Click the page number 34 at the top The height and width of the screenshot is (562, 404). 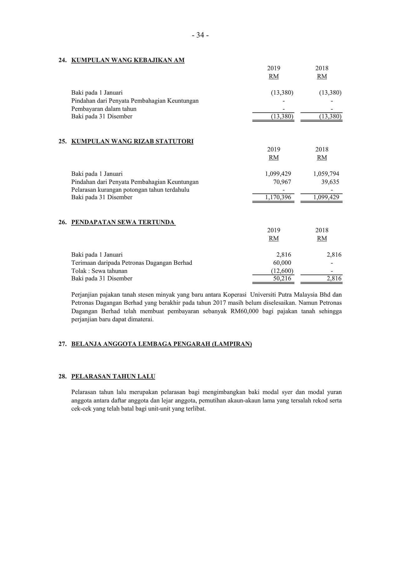click(200, 36)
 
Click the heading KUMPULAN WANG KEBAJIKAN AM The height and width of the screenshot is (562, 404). click(128, 60)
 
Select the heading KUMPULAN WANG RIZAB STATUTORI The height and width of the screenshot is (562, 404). click(132, 141)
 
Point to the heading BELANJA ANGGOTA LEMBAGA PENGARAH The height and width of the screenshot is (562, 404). click(161, 344)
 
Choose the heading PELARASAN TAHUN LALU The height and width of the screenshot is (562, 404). click(113, 377)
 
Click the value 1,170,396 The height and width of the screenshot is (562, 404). click(278, 197)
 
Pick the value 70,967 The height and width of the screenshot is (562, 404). click(282, 182)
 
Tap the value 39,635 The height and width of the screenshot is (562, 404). click(330, 182)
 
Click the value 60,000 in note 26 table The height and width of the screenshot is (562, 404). click(282, 263)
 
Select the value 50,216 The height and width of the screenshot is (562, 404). click(282, 279)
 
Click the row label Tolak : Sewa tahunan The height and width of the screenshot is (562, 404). click(99, 271)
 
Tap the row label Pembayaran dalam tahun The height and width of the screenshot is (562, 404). click(104, 109)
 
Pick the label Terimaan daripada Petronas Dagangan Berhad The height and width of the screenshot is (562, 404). click(131, 263)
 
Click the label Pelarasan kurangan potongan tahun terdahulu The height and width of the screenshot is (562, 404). click(130, 190)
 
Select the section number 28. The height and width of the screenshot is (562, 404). click(62, 377)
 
